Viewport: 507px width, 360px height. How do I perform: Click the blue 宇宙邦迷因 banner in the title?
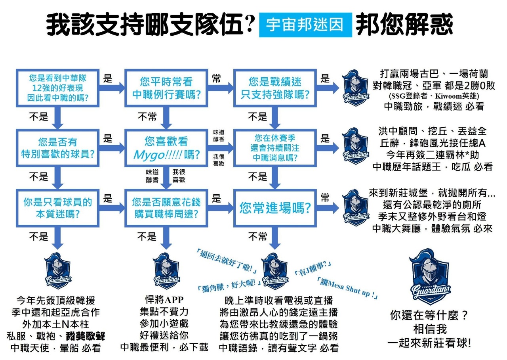(305, 25)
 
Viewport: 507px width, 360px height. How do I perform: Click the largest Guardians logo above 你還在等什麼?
(430, 276)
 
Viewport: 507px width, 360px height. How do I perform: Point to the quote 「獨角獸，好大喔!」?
(229, 286)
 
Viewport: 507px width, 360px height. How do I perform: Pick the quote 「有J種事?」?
(313, 268)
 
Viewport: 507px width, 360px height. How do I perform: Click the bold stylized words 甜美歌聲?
(85, 336)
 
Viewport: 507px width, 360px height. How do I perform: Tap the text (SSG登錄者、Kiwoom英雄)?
(434, 96)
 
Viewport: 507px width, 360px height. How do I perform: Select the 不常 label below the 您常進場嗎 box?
(257, 237)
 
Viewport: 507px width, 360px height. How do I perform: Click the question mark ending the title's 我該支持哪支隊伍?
(250, 24)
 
